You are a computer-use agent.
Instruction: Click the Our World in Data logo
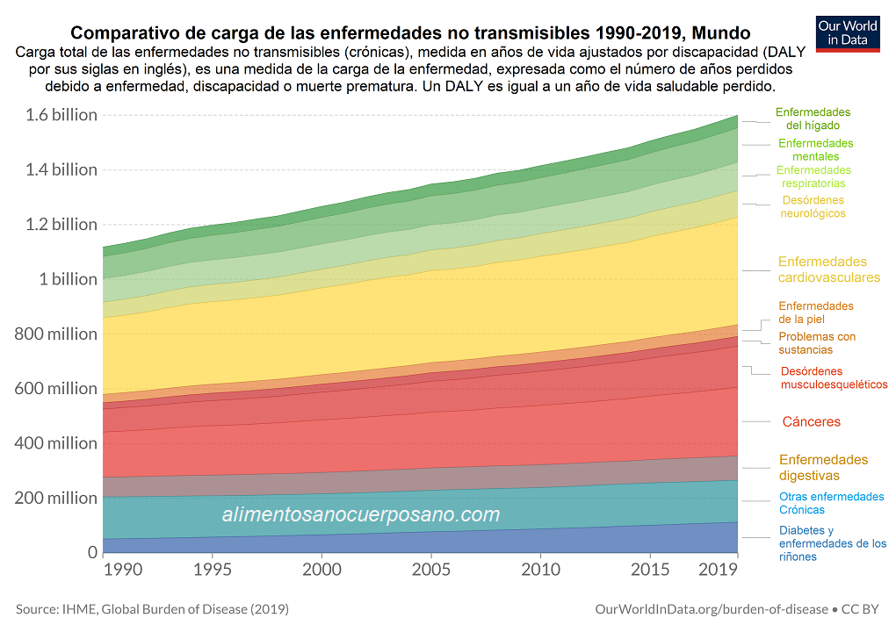click(848, 32)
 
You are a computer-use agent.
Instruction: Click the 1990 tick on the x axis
click(122, 569)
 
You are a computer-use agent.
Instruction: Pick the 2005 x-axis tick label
click(430, 569)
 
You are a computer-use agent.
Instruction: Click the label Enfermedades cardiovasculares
click(828, 269)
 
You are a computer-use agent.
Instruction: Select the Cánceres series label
click(811, 422)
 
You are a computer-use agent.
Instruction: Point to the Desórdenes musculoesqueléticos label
click(834, 377)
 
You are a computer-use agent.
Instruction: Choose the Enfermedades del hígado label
click(813, 119)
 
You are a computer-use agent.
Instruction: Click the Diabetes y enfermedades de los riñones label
click(832, 543)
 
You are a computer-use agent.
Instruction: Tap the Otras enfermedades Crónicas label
click(831, 503)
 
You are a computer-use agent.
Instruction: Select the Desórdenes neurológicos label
click(813, 206)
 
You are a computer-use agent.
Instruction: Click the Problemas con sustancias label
click(817, 343)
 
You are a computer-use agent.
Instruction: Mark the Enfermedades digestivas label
click(823, 468)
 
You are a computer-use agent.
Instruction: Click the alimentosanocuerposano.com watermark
click(361, 515)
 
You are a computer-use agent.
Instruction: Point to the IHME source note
click(152, 609)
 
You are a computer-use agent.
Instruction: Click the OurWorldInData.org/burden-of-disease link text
click(711, 609)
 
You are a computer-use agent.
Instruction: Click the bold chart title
click(410, 33)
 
